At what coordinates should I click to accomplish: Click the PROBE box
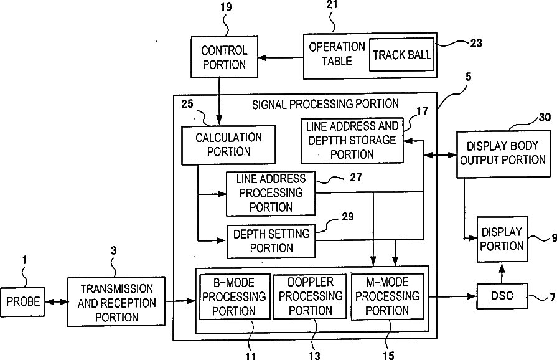tap(22, 301)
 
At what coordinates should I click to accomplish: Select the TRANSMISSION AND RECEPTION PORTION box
tap(116, 301)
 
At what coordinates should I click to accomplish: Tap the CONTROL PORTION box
tap(224, 57)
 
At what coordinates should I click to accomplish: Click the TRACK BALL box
tap(402, 55)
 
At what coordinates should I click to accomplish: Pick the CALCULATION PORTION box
tap(228, 145)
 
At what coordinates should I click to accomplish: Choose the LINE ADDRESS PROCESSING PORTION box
tap(271, 194)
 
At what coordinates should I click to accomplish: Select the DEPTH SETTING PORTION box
tap(271, 241)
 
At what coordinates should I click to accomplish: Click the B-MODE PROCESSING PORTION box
tap(235, 296)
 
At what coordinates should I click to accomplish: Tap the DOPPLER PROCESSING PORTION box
tap(310, 296)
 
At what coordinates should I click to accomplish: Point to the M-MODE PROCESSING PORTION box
tap(387, 296)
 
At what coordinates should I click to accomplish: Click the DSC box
tap(502, 296)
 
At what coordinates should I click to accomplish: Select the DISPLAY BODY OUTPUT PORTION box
tap(503, 154)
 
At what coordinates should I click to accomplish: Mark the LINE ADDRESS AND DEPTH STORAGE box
tap(352, 141)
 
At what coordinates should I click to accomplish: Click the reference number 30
tap(545, 117)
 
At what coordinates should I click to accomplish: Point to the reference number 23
tap(476, 43)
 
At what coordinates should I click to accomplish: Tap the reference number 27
tap(355, 178)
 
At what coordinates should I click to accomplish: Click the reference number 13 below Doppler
tap(314, 356)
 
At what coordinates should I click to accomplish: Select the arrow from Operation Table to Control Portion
tap(281, 57)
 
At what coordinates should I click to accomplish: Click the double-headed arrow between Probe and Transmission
tap(56, 302)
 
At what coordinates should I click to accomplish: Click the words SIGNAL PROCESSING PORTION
tap(325, 104)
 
